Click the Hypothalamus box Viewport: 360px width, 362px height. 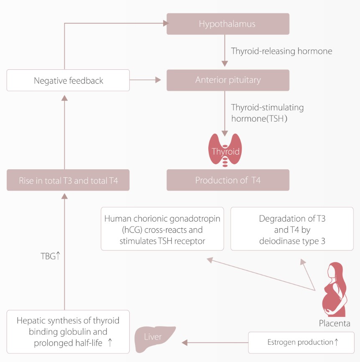pyautogui.click(x=228, y=24)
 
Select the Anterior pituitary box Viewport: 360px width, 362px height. pyautogui.click(x=228, y=80)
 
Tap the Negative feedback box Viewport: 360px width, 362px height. pyautogui.click(x=68, y=80)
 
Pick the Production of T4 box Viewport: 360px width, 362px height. pyautogui.click(x=228, y=180)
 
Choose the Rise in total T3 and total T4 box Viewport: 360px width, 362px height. pyautogui.click(x=68, y=181)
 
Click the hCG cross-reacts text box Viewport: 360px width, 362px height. pyautogui.click(x=162, y=229)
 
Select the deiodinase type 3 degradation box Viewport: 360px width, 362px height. pyautogui.click(x=292, y=229)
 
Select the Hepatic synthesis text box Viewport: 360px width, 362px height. pyautogui.click(x=68, y=331)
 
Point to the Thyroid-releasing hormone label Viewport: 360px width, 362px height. pyautogui.click(x=281, y=51)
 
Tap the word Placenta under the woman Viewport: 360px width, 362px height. pyautogui.click(x=334, y=323)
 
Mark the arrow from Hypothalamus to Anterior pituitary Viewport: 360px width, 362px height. pyautogui.click(x=225, y=50)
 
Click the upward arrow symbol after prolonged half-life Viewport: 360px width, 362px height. pyautogui.click(x=110, y=342)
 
